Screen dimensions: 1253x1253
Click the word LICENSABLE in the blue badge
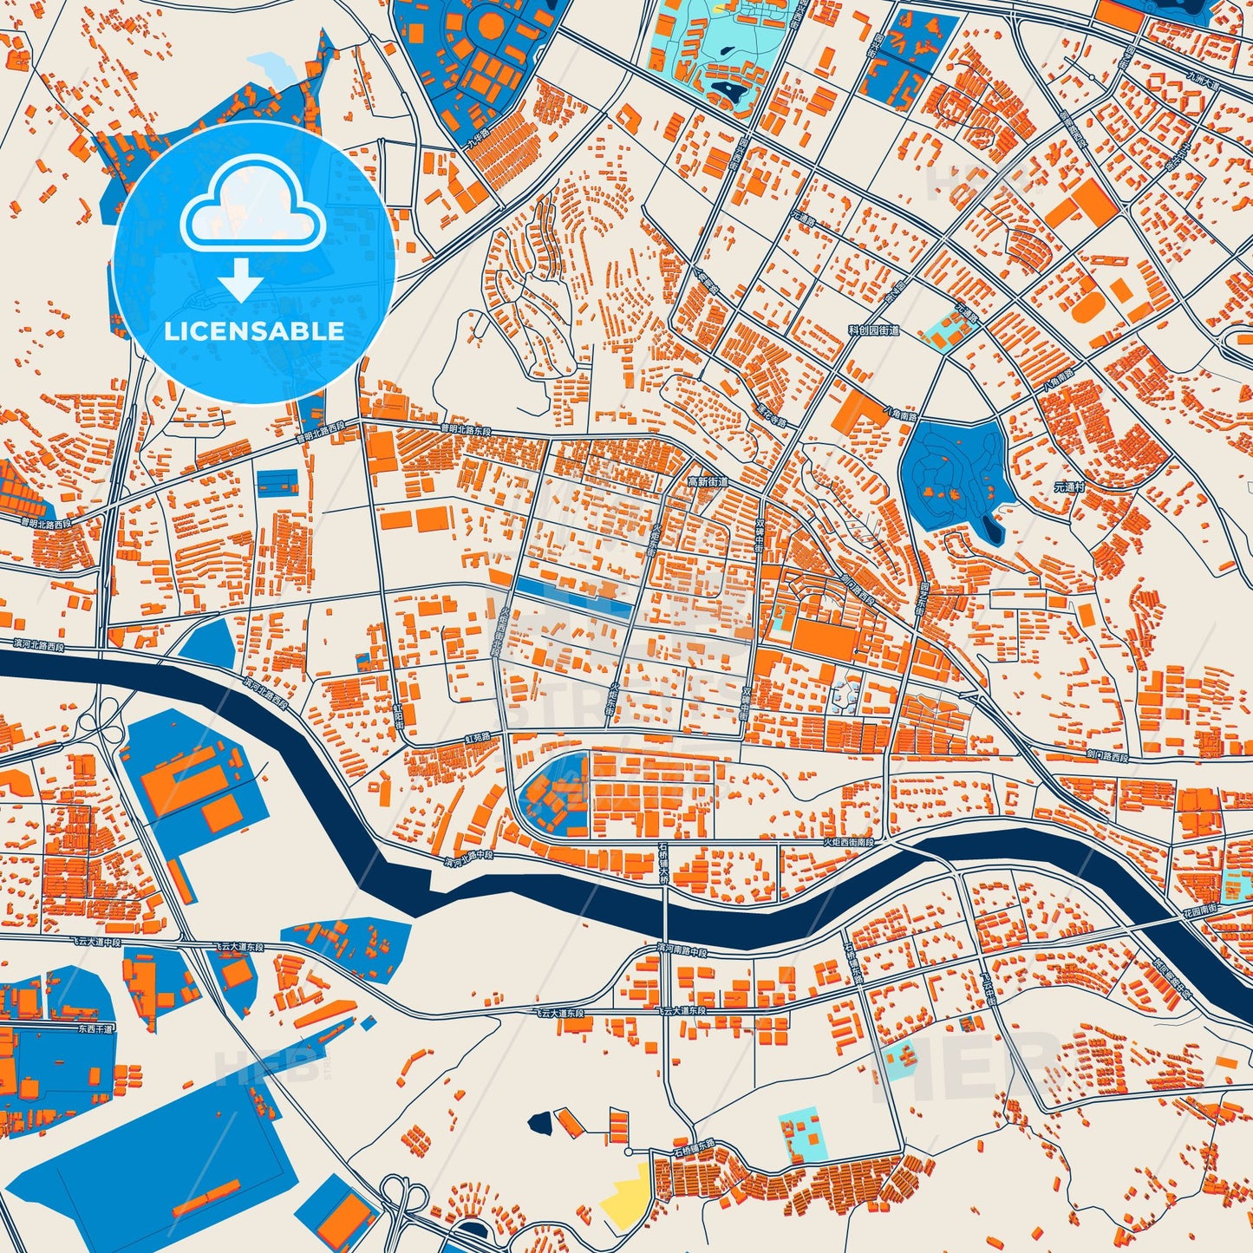point(253,331)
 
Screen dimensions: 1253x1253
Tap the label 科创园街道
point(873,330)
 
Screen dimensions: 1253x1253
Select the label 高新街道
point(707,480)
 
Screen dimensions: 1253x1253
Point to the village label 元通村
point(1069,487)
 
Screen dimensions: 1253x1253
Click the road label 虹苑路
point(477,736)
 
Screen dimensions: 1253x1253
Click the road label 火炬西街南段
point(848,842)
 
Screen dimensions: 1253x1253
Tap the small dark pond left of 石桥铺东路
point(539,1124)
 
